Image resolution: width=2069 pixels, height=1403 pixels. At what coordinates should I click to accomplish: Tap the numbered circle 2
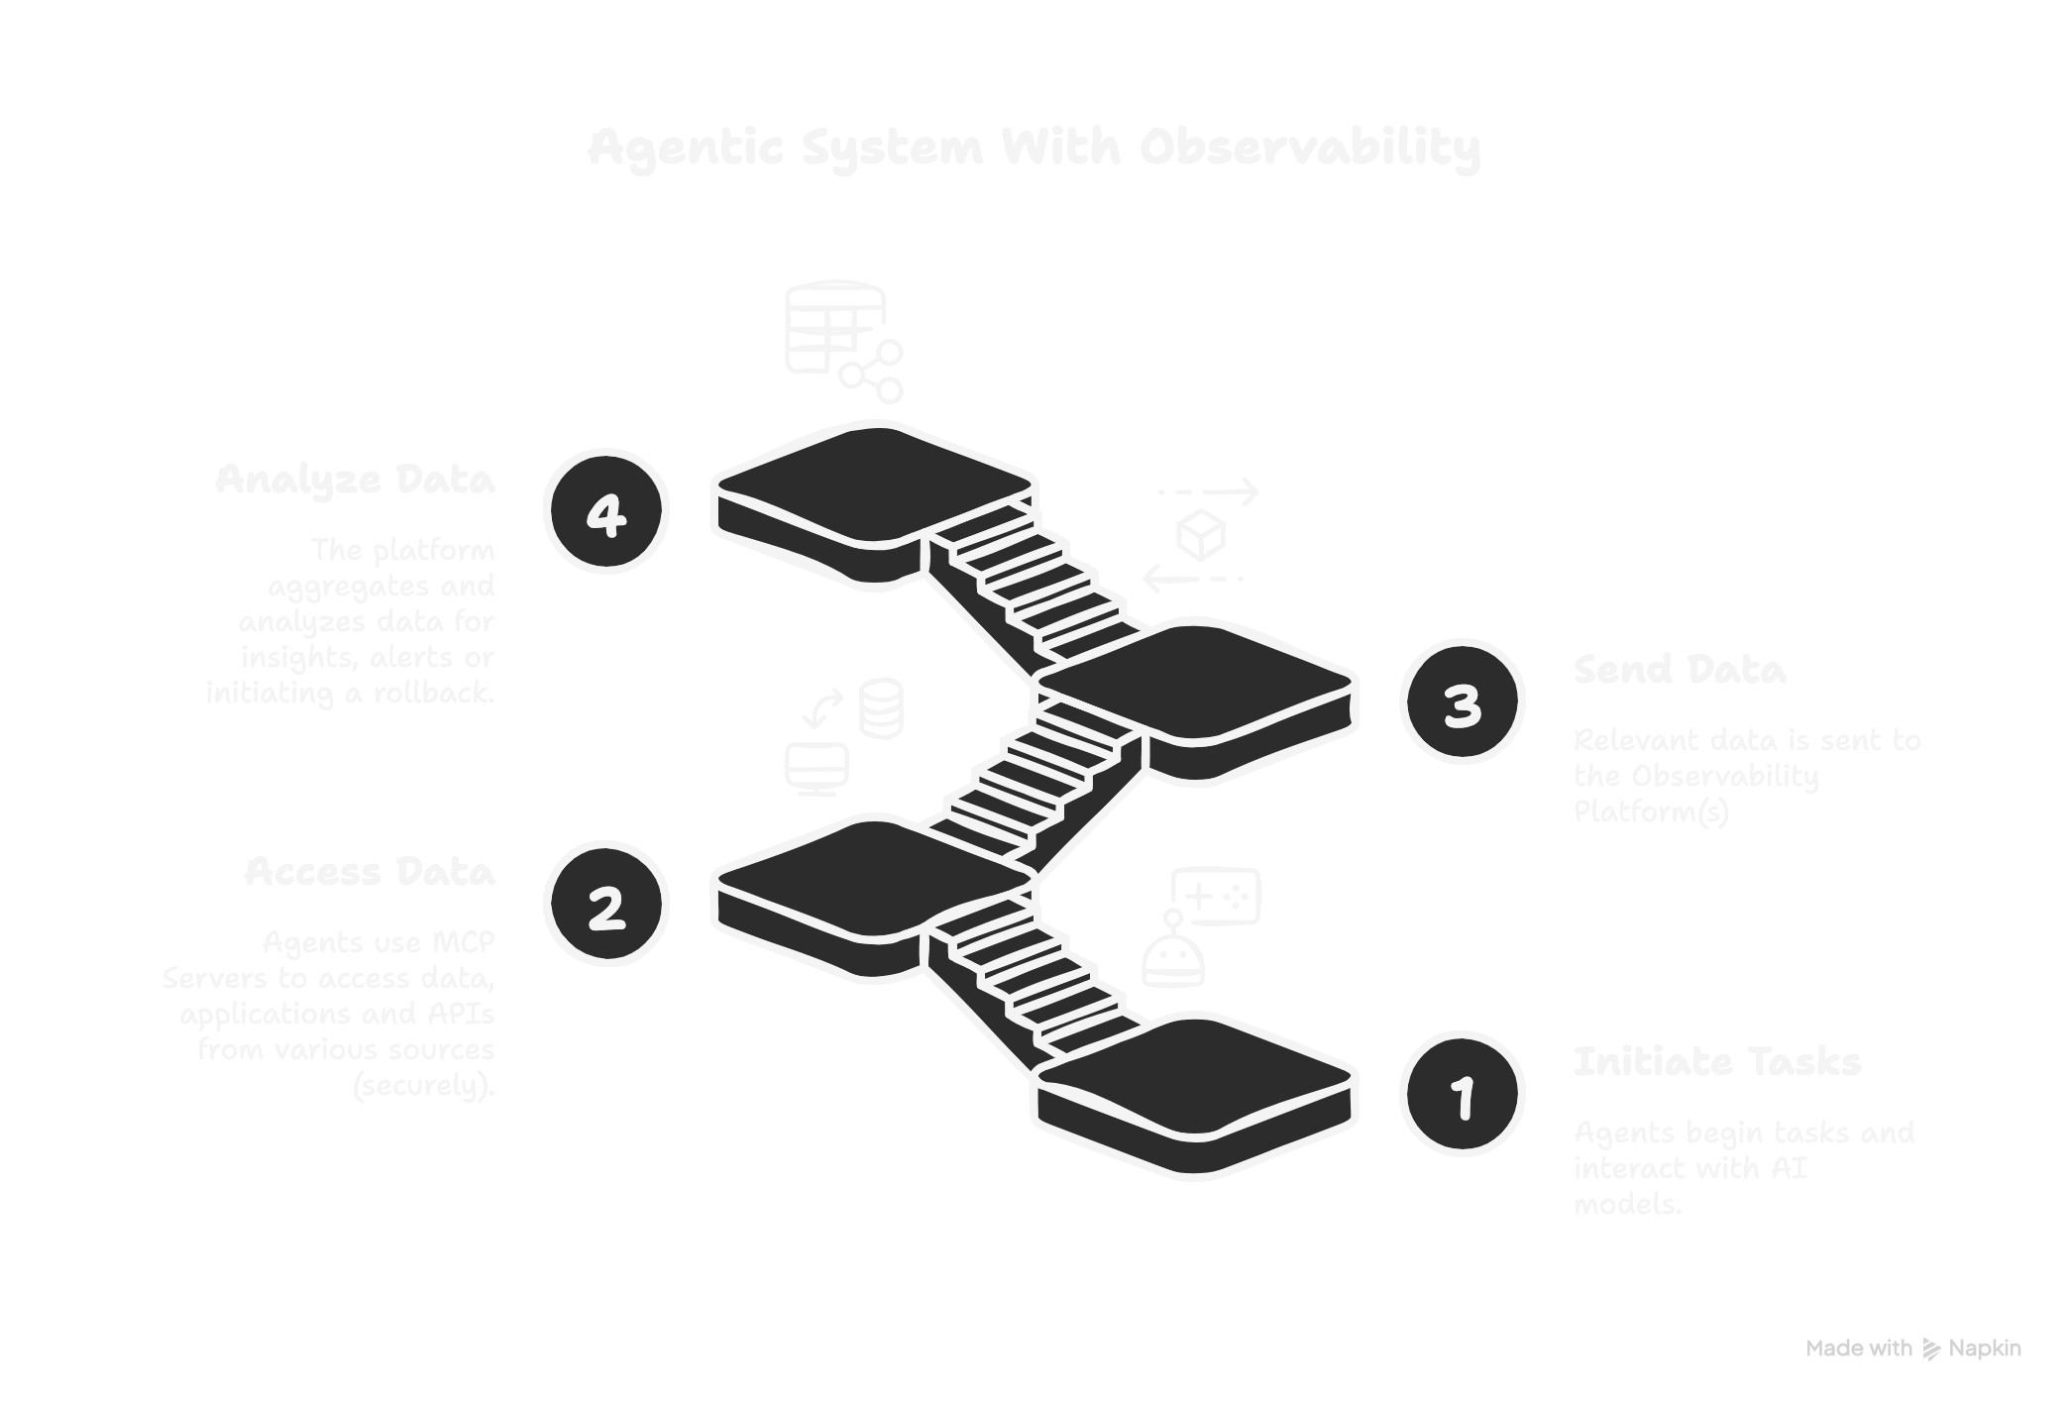606,903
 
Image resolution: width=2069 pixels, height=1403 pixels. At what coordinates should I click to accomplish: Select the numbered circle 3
1462,701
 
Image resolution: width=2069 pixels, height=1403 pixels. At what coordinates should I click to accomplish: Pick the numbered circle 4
606,510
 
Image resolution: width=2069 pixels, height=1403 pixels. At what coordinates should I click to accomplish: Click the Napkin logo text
1985,1349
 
